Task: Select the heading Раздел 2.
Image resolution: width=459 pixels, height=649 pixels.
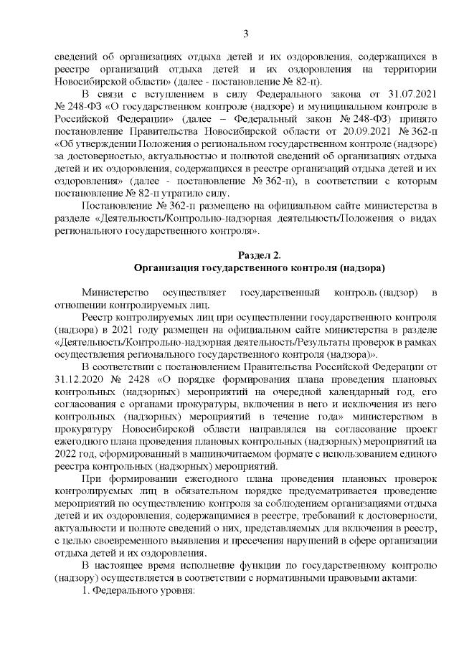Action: point(259,255)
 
